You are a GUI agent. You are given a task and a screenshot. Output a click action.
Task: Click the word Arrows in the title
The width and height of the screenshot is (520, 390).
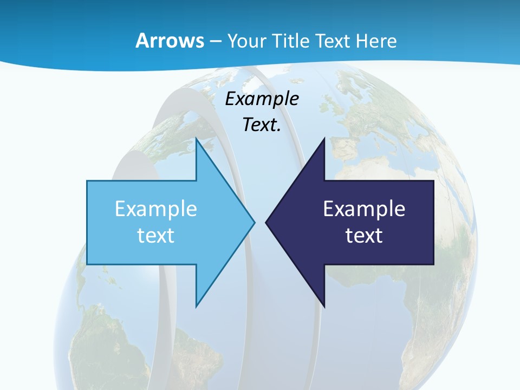[169, 41]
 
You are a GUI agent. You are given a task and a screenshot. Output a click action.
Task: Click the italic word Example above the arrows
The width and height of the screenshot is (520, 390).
[262, 99]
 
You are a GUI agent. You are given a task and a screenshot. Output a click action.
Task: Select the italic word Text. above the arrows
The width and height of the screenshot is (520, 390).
[262, 125]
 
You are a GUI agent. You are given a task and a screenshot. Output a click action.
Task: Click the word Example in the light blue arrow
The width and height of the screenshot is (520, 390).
[156, 209]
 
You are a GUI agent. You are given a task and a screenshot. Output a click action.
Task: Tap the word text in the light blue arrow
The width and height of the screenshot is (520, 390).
[156, 235]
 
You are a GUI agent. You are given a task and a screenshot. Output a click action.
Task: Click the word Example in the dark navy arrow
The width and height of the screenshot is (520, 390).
[364, 209]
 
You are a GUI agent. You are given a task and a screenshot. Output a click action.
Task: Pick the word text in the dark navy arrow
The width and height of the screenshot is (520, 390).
[364, 235]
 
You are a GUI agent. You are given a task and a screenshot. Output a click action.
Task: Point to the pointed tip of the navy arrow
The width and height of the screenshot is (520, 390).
[267, 222]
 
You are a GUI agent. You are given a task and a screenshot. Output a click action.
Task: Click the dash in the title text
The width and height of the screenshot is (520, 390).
[216, 41]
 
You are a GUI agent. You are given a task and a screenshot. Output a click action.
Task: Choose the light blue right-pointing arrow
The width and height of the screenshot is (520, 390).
[162, 222]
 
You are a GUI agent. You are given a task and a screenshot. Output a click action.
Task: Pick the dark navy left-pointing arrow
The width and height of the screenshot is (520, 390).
[357, 222]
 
